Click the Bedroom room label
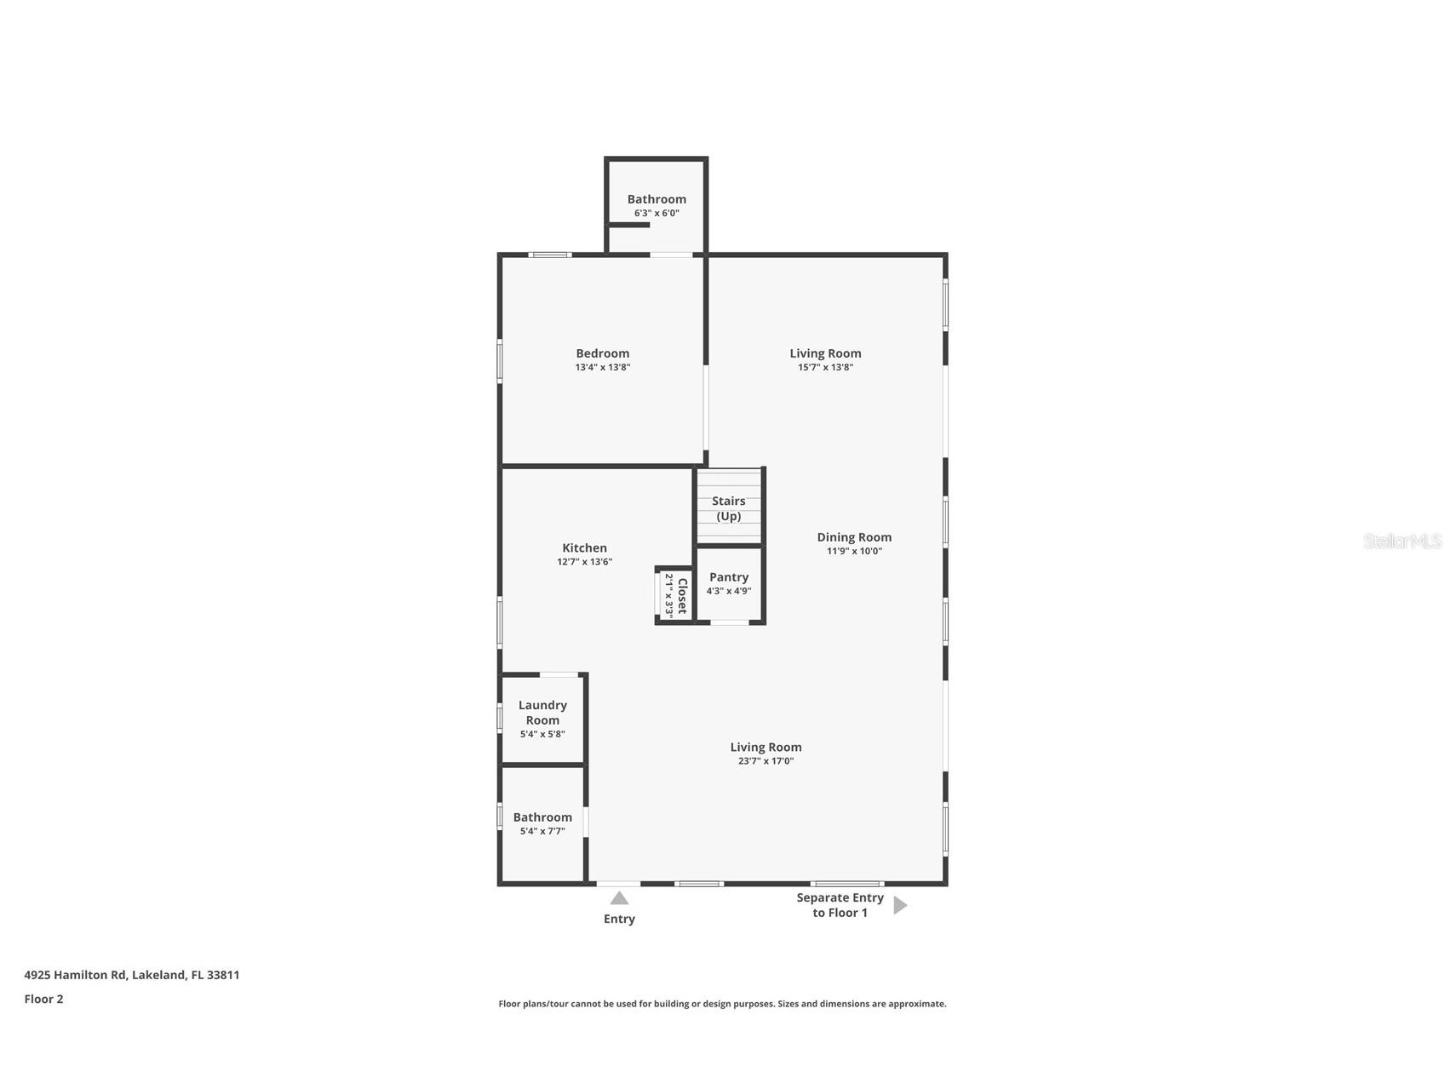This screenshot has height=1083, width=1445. [602, 353]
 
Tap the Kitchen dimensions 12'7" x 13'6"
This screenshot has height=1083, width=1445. [584, 562]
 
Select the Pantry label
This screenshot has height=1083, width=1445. [728, 577]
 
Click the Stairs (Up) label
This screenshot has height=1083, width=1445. [728, 508]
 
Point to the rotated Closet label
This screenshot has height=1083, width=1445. [682, 596]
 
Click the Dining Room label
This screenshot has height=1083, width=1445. [854, 537]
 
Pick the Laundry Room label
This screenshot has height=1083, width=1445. [542, 713]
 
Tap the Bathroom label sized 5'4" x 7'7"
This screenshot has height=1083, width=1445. [542, 817]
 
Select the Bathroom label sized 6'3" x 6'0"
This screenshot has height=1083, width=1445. [657, 199]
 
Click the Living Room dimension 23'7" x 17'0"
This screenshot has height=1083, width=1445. [766, 761]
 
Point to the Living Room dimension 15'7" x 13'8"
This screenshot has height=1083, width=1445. [825, 368]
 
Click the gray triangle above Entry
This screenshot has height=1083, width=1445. [619, 898]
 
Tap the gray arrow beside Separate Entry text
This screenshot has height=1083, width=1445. [900, 905]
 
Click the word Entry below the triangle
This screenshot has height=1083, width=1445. [619, 919]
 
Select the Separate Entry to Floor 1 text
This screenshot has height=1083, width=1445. [840, 905]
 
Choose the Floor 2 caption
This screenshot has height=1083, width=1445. [43, 999]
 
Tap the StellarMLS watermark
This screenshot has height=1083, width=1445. [1402, 541]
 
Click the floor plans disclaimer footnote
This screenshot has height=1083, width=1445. [722, 1004]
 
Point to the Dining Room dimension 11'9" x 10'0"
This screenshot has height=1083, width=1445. [854, 551]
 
